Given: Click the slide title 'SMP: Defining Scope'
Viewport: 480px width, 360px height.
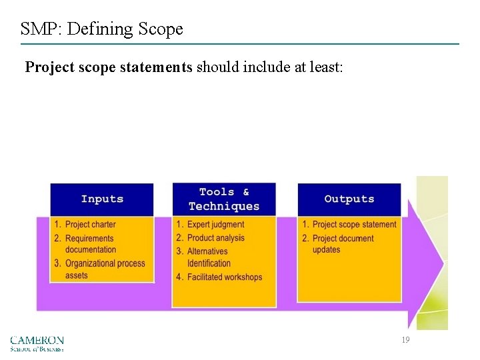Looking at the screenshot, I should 101,29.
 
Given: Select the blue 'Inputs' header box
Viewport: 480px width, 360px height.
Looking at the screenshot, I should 102,199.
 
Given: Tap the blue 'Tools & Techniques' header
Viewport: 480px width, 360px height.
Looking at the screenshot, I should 224,199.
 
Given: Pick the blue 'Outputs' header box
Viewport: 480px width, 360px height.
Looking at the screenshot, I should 349,199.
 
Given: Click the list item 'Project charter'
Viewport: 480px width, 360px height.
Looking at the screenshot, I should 90,225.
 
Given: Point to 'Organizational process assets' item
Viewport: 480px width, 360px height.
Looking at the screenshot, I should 104,269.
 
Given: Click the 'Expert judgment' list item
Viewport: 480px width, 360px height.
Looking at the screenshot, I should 215,225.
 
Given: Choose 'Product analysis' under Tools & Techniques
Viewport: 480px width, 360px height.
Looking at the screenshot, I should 215,238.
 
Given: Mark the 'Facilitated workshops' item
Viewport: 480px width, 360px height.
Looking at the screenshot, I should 224,277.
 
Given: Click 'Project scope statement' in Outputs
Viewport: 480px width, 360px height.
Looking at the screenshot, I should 353,225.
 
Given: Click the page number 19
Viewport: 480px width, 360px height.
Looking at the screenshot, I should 405,340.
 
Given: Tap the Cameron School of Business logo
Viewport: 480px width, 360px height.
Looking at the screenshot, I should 37,343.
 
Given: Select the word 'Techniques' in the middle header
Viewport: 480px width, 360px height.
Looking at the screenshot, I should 224,206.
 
